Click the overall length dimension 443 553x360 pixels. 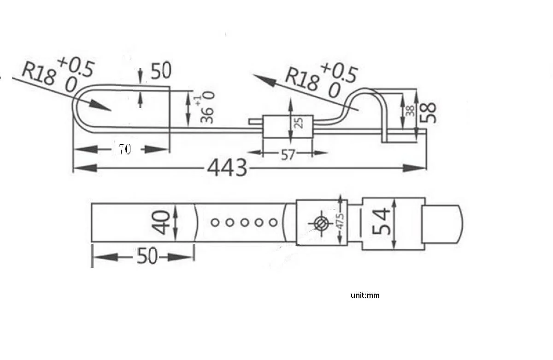tap(227, 169)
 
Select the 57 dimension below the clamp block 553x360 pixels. tap(288, 155)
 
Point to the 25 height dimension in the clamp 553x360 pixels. tap(298, 122)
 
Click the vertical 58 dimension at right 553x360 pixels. tap(431, 112)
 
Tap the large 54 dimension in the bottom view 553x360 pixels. tap(383, 222)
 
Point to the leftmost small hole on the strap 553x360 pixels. tap(215, 223)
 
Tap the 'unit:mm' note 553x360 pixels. tap(365, 295)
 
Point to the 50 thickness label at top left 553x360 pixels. tap(160, 71)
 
